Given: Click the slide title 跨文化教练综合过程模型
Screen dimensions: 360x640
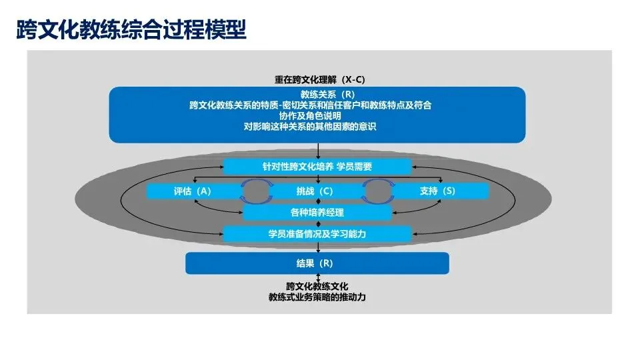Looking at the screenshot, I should pyautogui.click(x=131, y=29).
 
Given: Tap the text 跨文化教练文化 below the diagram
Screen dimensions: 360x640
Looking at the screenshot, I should pyautogui.click(x=317, y=287).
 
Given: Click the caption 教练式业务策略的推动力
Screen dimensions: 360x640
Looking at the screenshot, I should pyautogui.click(x=317, y=297).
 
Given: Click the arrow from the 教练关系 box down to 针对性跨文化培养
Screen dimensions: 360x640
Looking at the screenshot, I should pyautogui.click(x=317, y=151).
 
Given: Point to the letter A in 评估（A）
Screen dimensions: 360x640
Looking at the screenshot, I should pyautogui.click(x=202, y=191).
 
